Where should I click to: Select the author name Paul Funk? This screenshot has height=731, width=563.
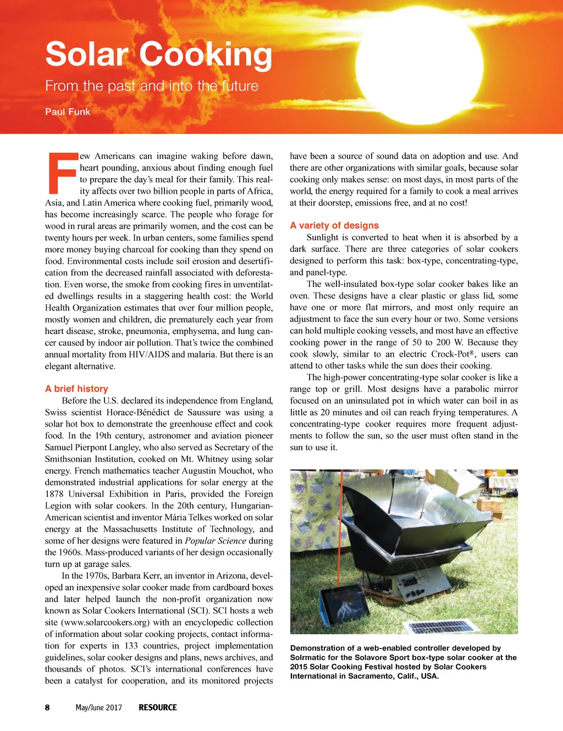68,112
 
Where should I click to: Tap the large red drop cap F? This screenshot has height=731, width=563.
61,173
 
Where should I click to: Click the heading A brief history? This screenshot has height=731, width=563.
76,389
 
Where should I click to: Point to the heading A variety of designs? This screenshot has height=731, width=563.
334,225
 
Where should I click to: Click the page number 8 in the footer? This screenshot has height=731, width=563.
47,707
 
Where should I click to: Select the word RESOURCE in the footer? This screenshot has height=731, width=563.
158,707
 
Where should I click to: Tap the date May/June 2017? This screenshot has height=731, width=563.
99,707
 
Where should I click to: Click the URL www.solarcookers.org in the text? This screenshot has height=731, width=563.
105,622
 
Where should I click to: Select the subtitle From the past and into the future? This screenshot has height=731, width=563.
152,86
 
